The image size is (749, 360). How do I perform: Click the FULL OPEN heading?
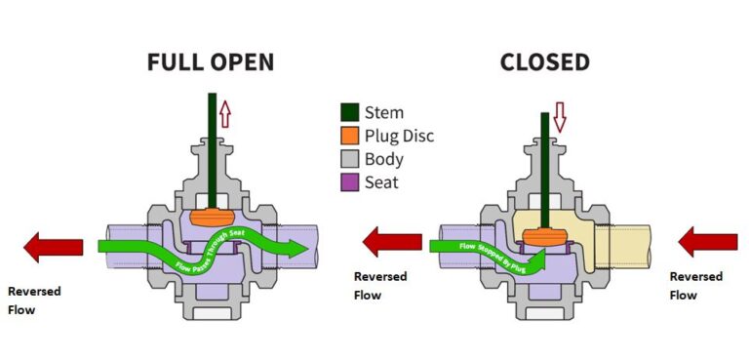pyautogui.click(x=210, y=62)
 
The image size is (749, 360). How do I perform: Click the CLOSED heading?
pyautogui.click(x=544, y=62)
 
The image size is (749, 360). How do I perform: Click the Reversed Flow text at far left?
pyautogui.click(x=33, y=299)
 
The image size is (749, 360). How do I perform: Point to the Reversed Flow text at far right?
pyautogui.click(x=695, y=285)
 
